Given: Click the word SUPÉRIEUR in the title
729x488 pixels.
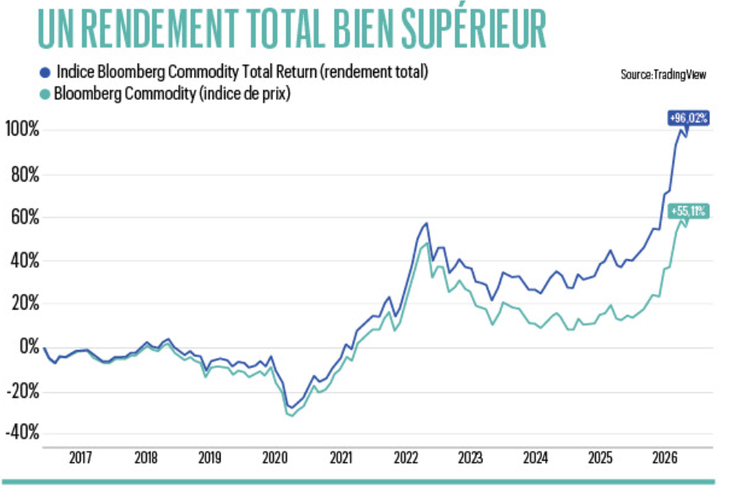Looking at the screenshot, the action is [474, 28].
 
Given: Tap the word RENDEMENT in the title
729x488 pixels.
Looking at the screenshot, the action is [160, 29].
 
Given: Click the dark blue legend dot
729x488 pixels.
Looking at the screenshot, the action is [45, 73].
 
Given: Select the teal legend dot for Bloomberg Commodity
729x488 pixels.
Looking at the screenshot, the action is [45, 95].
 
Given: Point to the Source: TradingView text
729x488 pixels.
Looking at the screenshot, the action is [663, 74].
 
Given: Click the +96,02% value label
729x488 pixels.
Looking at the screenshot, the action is [688, 117].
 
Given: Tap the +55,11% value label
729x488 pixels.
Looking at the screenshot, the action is [688, 211].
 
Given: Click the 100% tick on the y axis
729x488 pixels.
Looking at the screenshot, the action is [23, 129].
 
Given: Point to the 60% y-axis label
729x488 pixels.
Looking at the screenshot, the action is [25, 217].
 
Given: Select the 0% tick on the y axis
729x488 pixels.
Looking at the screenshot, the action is [29, 346].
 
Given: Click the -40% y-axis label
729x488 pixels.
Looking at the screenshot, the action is [23, 432].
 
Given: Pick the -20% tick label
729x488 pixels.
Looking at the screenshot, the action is [23, 391].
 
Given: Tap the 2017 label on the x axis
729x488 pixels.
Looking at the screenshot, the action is [81, 457].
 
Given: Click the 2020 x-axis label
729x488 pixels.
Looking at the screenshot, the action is [275, 457].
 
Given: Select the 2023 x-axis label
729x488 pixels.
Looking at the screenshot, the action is [471, 457].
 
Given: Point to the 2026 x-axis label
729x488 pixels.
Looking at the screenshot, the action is [665, 457].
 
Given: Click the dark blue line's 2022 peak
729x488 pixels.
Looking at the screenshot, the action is [426, 223].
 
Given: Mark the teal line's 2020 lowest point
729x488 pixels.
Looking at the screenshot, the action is [292, 415].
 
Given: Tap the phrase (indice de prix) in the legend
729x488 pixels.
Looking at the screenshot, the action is [245, 94].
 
